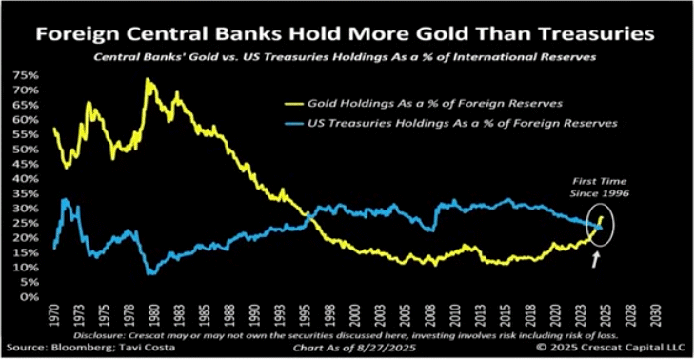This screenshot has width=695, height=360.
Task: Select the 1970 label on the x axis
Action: tap(54, 315)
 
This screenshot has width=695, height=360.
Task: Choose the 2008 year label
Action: tap(428, 315)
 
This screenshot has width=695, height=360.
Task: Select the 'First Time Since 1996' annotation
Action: tap(599, 188)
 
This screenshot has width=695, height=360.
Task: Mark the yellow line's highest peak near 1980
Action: tap(147, 79)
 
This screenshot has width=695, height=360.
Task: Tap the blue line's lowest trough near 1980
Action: tap(151, 274)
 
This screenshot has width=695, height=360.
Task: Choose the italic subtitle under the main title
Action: tap(347, 57)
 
